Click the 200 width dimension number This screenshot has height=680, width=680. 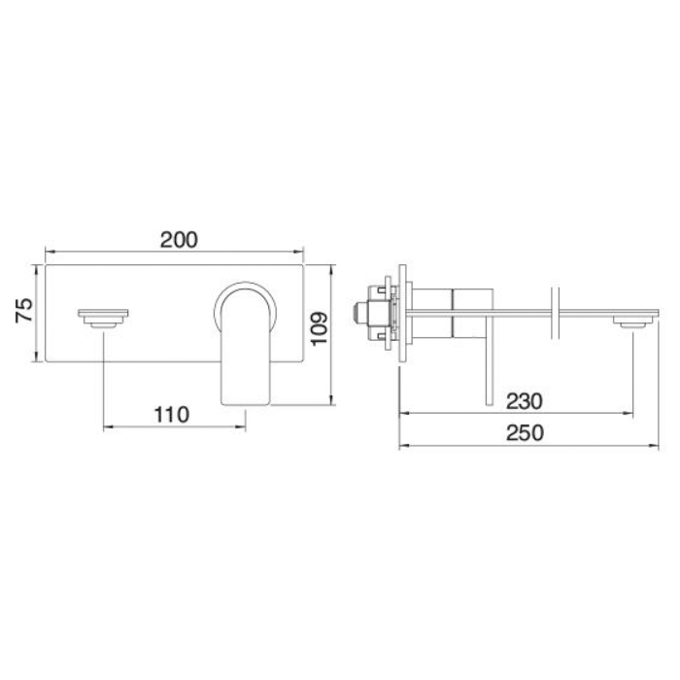tap(179, 239)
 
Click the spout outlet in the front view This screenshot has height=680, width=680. tap(102, 317)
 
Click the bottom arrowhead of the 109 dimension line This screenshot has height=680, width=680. tap(333, 398)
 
